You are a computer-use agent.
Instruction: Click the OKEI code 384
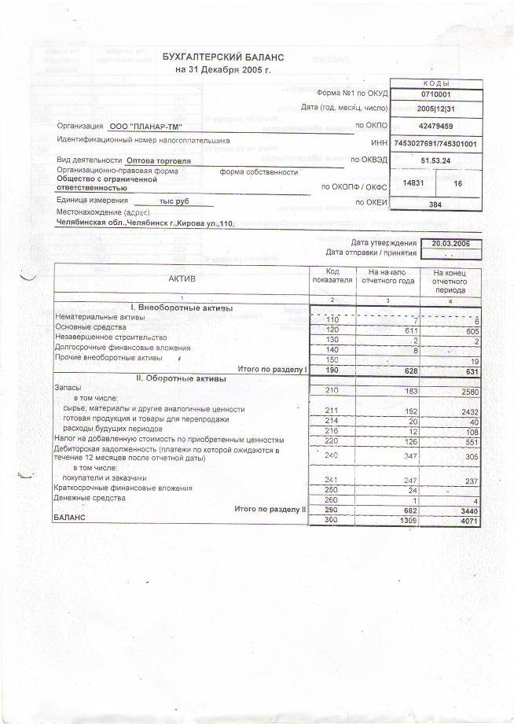coord(435,204)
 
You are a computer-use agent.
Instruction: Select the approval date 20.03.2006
coord(450,243)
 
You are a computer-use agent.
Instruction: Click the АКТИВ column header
coord(182,278)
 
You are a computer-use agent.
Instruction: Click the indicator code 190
coord(331,370)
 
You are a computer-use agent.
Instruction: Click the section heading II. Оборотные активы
coord(182,379)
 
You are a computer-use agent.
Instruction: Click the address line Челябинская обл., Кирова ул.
coord(145,223)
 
